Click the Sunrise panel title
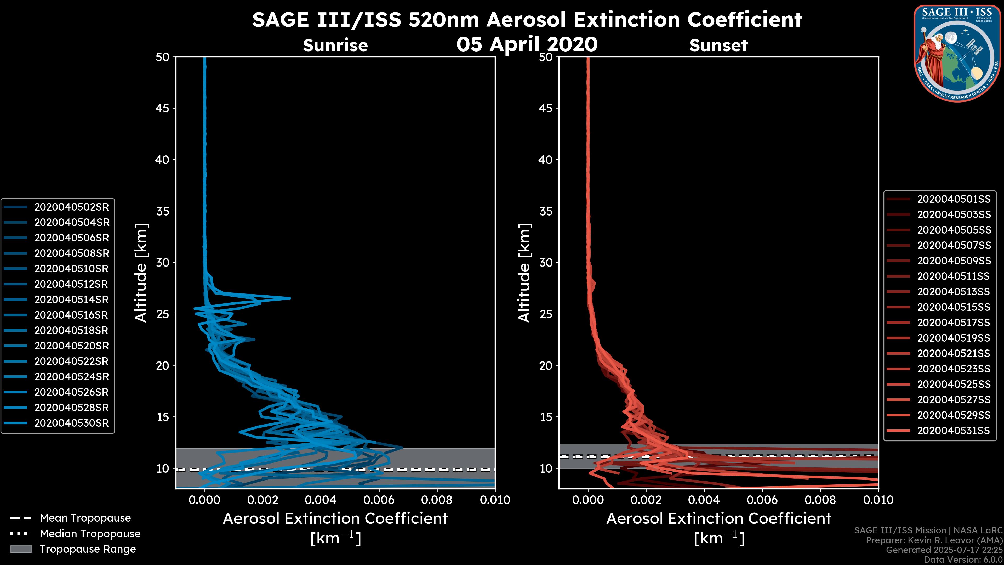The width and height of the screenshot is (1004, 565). point(335,45)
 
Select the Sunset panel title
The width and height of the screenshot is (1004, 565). point(718,45)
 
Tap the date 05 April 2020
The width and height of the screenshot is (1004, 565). point(527,44)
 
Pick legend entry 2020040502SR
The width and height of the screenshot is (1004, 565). point(72,207)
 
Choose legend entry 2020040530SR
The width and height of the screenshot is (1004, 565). point(72,423)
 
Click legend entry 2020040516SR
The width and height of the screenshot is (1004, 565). point(72,315)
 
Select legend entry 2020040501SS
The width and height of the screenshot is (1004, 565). point(954,199)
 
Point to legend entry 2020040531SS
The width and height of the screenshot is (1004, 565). point(954,431)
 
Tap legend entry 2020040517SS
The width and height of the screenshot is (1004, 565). point(954,323)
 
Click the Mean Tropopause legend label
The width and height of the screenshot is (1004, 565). point(85,518)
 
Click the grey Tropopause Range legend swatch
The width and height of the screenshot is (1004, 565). point(21,549)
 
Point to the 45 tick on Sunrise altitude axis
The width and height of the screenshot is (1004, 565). point(163,108)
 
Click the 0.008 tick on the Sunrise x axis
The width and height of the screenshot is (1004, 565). point(437,500)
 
